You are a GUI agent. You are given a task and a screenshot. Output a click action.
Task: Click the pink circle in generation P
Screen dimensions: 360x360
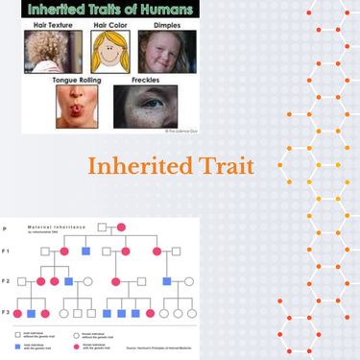click(122, 228)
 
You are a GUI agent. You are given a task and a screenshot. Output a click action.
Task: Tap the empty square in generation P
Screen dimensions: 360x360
click(101, 228)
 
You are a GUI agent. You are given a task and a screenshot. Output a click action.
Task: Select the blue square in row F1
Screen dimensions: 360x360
click(85, 251)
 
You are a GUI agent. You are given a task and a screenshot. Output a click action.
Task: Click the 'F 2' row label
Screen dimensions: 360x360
click(7, 281)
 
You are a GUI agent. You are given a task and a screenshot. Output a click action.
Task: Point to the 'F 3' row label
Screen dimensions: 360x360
click(7, 312)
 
